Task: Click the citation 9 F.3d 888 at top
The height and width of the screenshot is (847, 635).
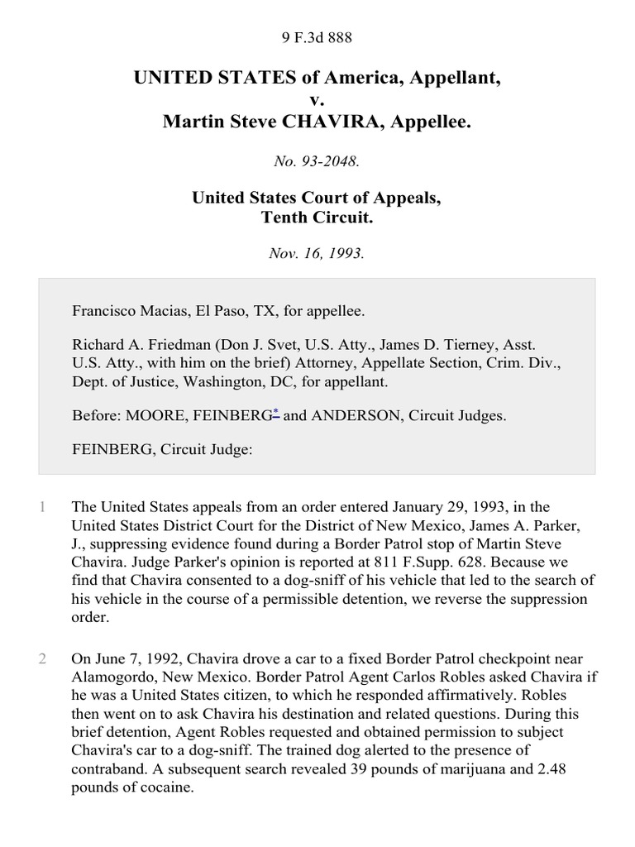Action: coord(317,37)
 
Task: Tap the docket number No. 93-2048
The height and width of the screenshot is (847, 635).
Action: coord(317,162)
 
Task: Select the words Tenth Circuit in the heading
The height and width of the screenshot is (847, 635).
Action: coord(317,217)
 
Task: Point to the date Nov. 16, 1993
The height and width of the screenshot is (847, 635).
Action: coord(317,254)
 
